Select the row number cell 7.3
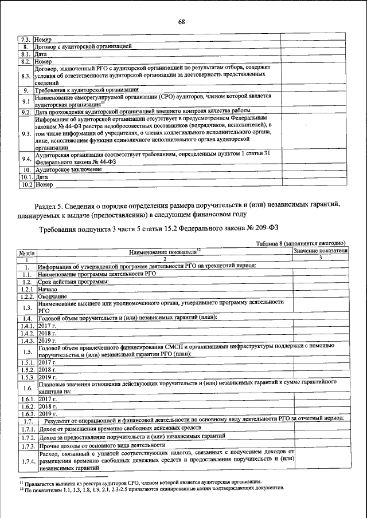point(26,38)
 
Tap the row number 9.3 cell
point(26,134)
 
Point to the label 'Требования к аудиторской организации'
point(86,90)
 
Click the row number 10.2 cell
point(26,185)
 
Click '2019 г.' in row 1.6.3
point(48,413)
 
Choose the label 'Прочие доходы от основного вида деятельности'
point(103,445)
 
